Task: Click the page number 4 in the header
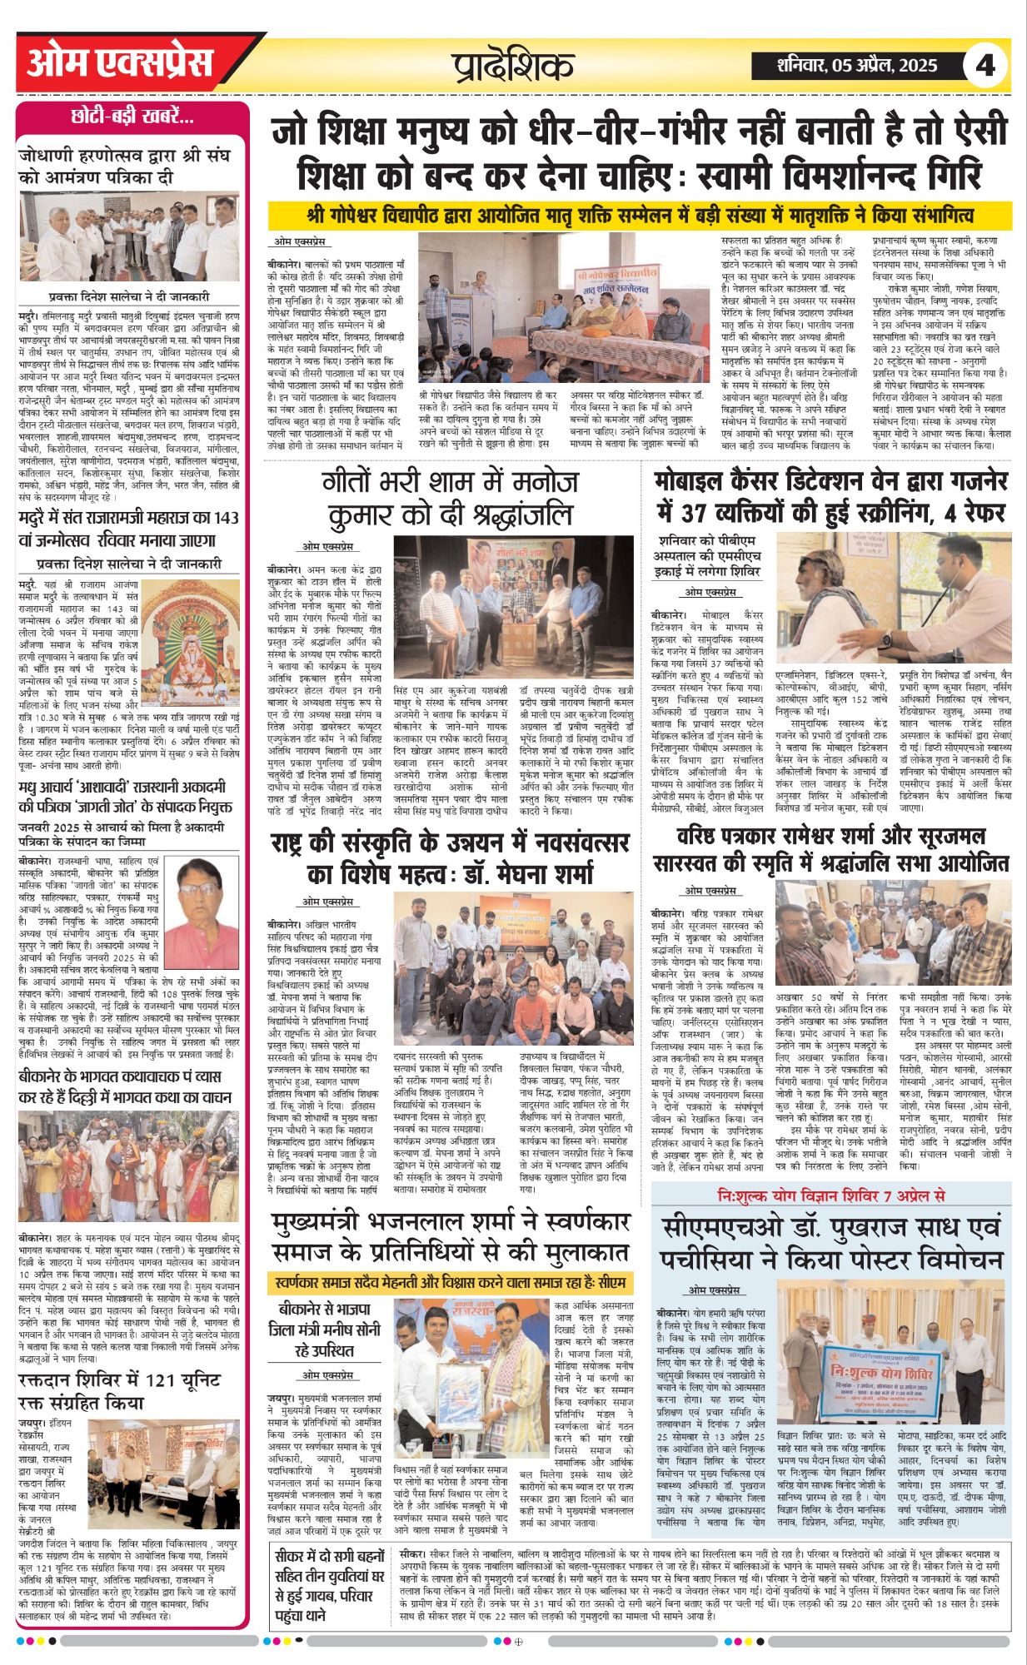pos(985,65)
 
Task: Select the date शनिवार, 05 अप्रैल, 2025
pos(856,65)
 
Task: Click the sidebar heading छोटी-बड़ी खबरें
pos(132,117)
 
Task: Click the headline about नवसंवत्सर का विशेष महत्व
pos(449,858)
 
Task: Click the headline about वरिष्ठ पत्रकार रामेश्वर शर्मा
pos(831,850)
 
